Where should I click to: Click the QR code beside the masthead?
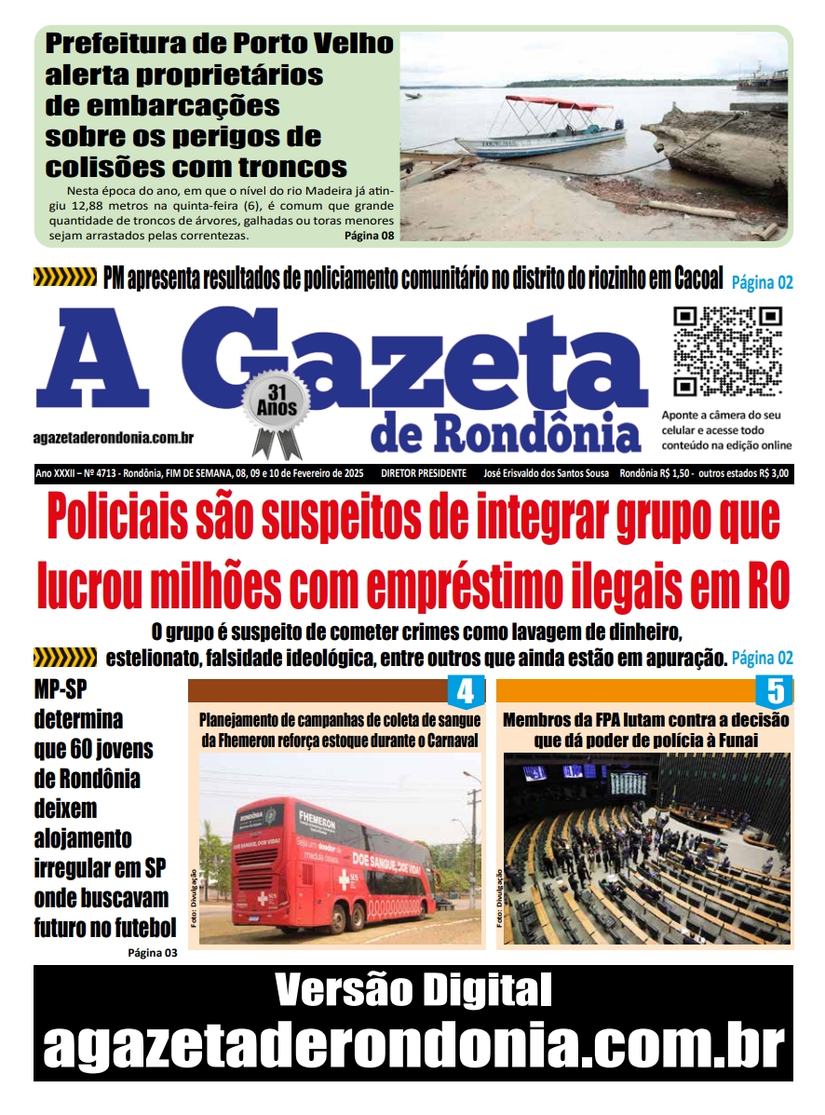pos(727,350)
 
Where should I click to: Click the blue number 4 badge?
pos(467,692)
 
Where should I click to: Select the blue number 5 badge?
pos(774,692)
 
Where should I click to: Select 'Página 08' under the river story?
pos(369,236)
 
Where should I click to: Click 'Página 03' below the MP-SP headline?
pos(152,952)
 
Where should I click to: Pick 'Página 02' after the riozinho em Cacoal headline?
pos(762,282)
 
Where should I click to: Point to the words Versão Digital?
pos(412,990)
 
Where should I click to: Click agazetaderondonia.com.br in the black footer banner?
pos(412,1046)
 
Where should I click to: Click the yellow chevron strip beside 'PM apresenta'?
pos(65,277)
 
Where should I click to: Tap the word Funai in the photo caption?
pos(735,741)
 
